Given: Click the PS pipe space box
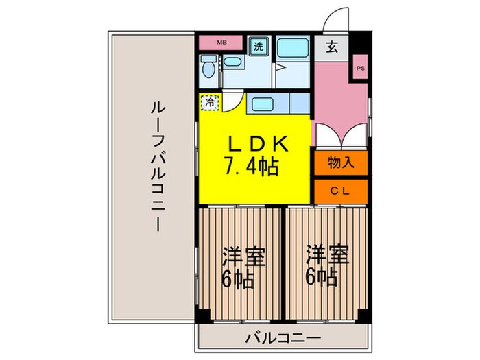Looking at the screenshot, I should (360, 68).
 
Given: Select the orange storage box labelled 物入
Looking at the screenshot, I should (341, 163).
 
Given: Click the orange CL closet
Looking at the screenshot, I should (341, 191).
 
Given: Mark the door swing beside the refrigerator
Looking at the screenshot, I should (232, 102).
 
